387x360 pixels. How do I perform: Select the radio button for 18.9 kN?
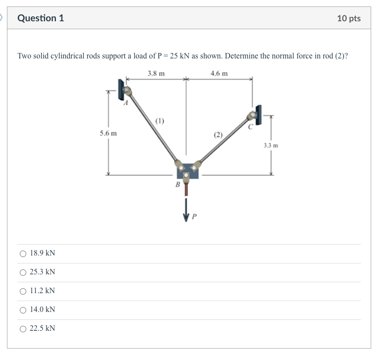23,254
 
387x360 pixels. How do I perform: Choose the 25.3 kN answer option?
23,272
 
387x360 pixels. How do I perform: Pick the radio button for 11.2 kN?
23,291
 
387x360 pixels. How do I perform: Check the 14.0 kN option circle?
23,310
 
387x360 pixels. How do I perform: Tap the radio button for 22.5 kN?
23,329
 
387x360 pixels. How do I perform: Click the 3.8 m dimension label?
156,73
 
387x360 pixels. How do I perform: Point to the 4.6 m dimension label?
219,73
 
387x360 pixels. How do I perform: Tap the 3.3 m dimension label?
271,146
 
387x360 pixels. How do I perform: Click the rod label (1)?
160,120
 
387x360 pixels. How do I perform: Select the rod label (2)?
218,135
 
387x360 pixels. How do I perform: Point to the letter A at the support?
126,103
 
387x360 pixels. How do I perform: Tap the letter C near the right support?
250,127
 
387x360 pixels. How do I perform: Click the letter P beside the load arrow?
194,216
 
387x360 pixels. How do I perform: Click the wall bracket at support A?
120,89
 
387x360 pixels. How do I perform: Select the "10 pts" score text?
349,18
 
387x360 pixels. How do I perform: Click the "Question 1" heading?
41,18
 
